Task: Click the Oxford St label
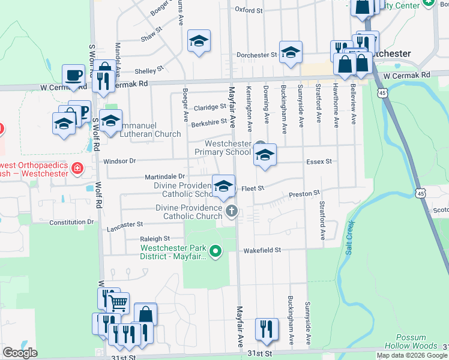pyautogui.click(x=249, y=10)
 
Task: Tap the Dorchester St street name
pyautogui.click(x=256, y=55)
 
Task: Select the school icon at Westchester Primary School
pyautogui.click(x=264, y=156)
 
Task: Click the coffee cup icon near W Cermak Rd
pyautogui.click(x=74, y=76)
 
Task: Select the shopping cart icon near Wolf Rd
pyautogui.click(x=118, y=303)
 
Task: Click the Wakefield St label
pyautogui.click(x=262, y=250)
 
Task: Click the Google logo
pyautogui.click(x=20, y=353)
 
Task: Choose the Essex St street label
pyautogui.click(x=319, y=162)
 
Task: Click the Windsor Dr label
pyautogui.click(x=120, y=161)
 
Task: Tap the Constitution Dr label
pyautogui.click(x=72, y=222)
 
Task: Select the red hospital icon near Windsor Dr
pyautogui.click(x=77, y=169)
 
